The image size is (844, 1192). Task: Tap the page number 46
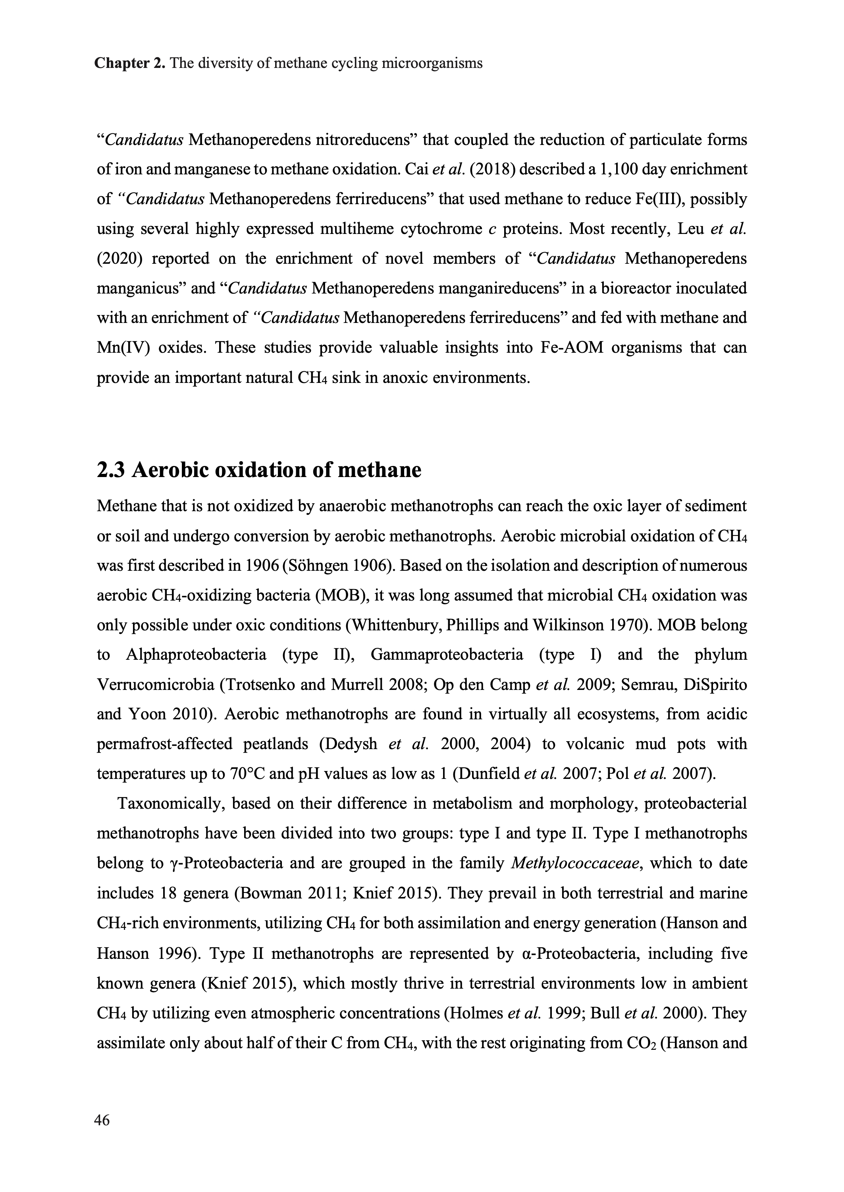point(102,1120)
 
